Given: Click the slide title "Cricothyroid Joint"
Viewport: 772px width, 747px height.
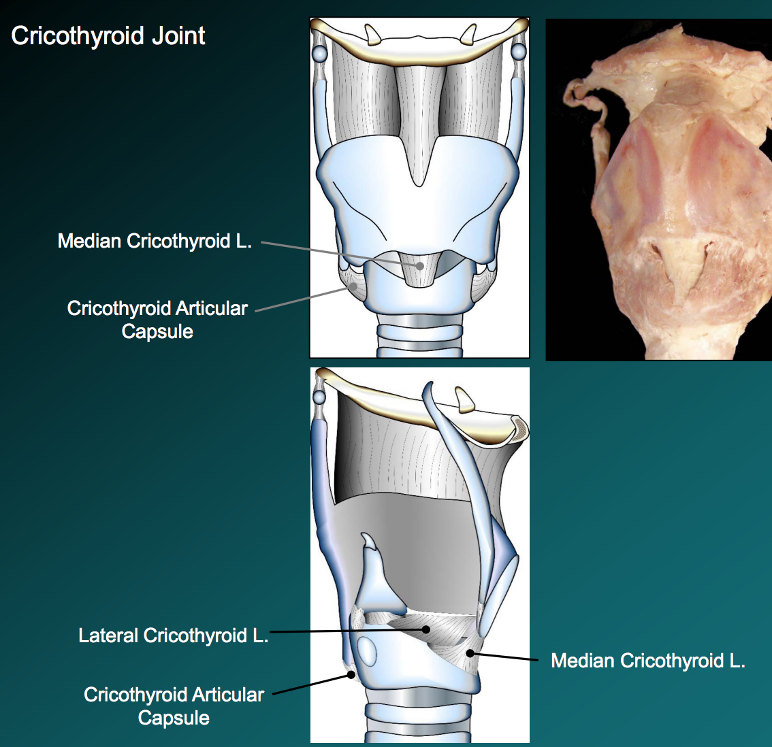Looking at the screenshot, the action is coord(108,36).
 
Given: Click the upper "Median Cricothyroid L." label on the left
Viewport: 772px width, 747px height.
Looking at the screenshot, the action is coord(155,241).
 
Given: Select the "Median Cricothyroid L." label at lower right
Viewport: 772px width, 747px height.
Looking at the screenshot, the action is coord(647,661).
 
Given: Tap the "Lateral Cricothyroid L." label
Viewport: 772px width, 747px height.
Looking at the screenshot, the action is coord(173,635).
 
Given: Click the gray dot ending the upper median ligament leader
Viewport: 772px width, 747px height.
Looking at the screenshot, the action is coord(421,266).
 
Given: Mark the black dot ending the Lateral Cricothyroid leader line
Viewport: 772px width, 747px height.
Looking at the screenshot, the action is coord(427,629).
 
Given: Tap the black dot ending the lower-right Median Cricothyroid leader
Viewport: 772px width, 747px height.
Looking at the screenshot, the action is coord(470,653).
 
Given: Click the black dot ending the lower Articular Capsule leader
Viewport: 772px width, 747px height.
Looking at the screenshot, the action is coord(351,675).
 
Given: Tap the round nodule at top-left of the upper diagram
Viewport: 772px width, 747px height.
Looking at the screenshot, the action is coord(319,52).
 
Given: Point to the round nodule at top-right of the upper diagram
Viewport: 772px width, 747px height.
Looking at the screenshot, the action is coord(519,52).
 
